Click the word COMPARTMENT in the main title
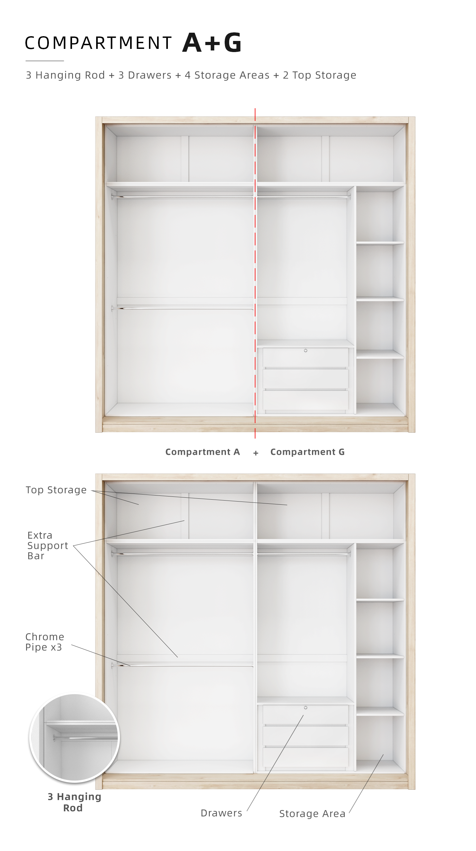(98, 43)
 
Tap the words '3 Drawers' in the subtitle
(145, 75)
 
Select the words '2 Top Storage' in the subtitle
(320, 75)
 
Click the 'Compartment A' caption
(202, 452)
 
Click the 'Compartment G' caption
(307, 452)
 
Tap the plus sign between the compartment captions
(256, 453)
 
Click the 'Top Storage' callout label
(56, 490)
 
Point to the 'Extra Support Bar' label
(48, 545)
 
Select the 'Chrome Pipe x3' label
(45, 642)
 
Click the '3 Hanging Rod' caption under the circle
(74, 802)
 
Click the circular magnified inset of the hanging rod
(75, 737)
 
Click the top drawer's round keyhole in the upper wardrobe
(306, 350)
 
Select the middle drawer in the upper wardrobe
(306, 379)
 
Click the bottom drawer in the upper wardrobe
(306, 400)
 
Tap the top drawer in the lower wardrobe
(306, 715)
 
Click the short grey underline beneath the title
(45, 61)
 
